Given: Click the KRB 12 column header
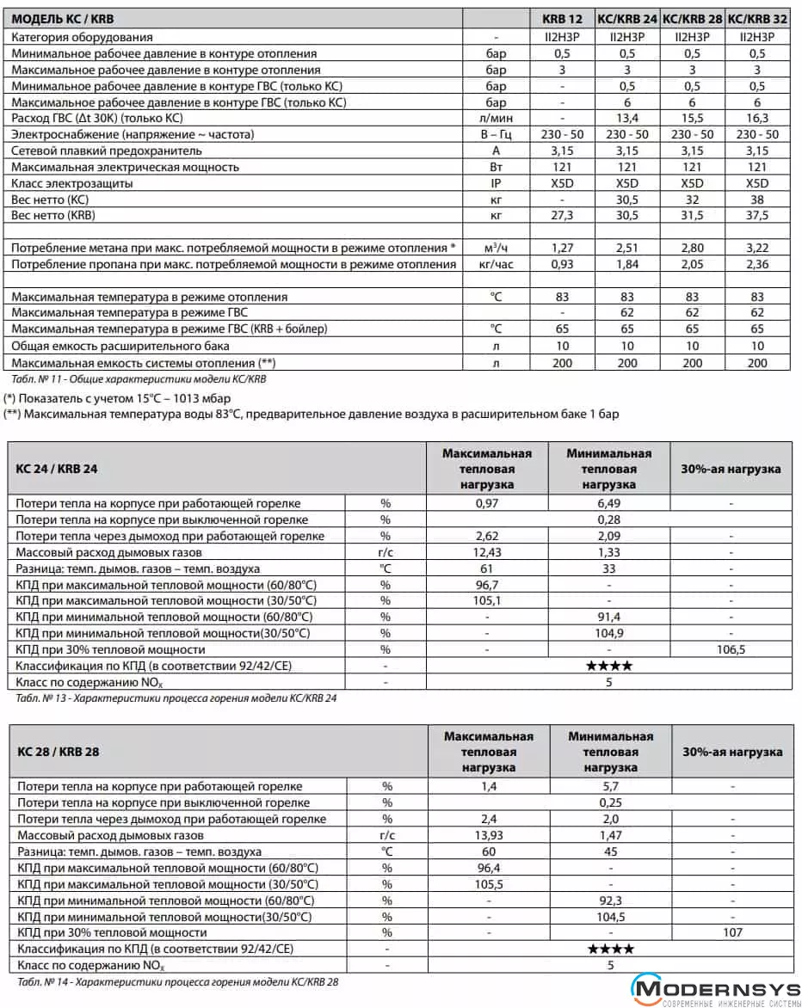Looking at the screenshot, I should [562, 18].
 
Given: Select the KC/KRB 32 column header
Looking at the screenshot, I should [758, 18].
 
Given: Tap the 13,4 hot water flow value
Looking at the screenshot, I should [627, 118].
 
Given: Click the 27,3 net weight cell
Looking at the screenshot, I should [562, 215].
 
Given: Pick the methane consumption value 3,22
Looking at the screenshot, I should [757, 248].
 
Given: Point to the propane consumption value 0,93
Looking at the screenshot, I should [562, 264].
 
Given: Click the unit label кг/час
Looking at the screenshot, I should [496, 264].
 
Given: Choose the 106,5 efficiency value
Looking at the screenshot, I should [731, 649].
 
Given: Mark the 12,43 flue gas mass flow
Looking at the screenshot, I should [487, 552].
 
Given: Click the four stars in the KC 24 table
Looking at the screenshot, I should [609, 666].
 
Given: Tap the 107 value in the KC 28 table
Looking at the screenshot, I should [732, 932].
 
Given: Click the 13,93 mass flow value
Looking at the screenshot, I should [488, 835].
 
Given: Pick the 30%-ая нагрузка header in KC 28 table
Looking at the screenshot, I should [732, 752].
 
